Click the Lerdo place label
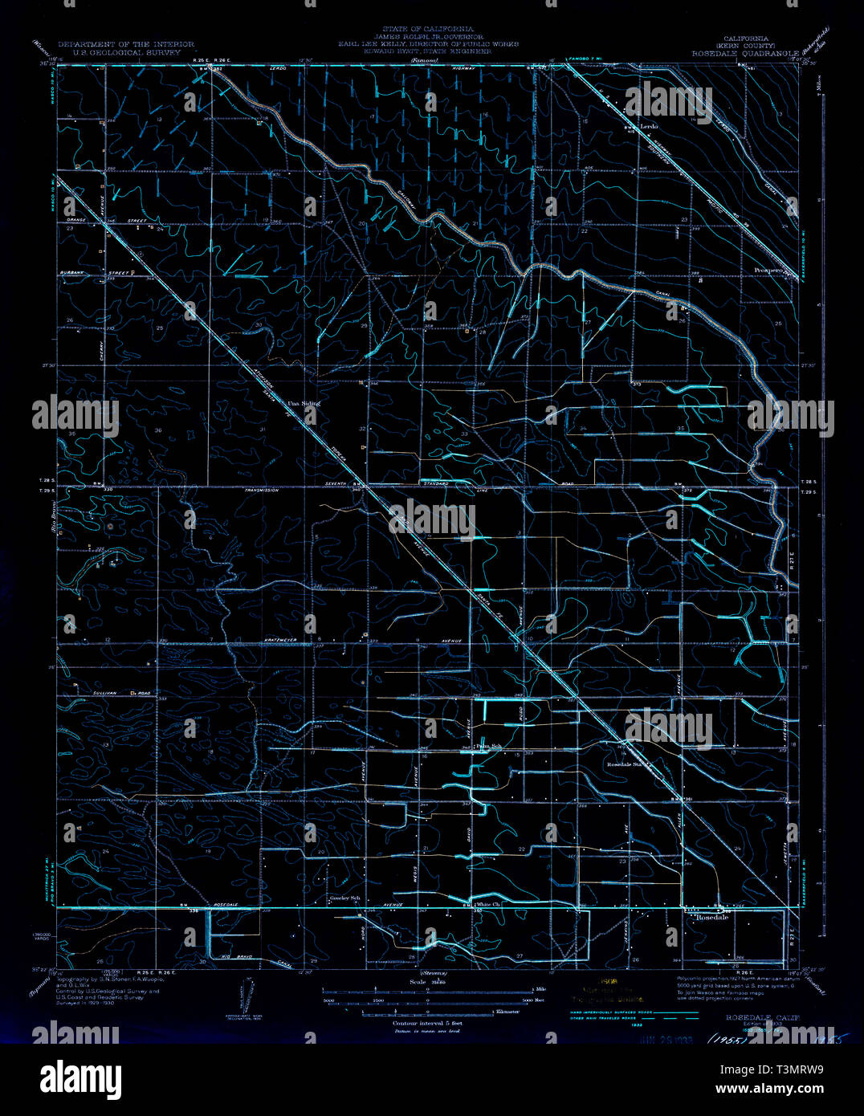coord(648,127)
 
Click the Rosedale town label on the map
coord(711,917)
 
